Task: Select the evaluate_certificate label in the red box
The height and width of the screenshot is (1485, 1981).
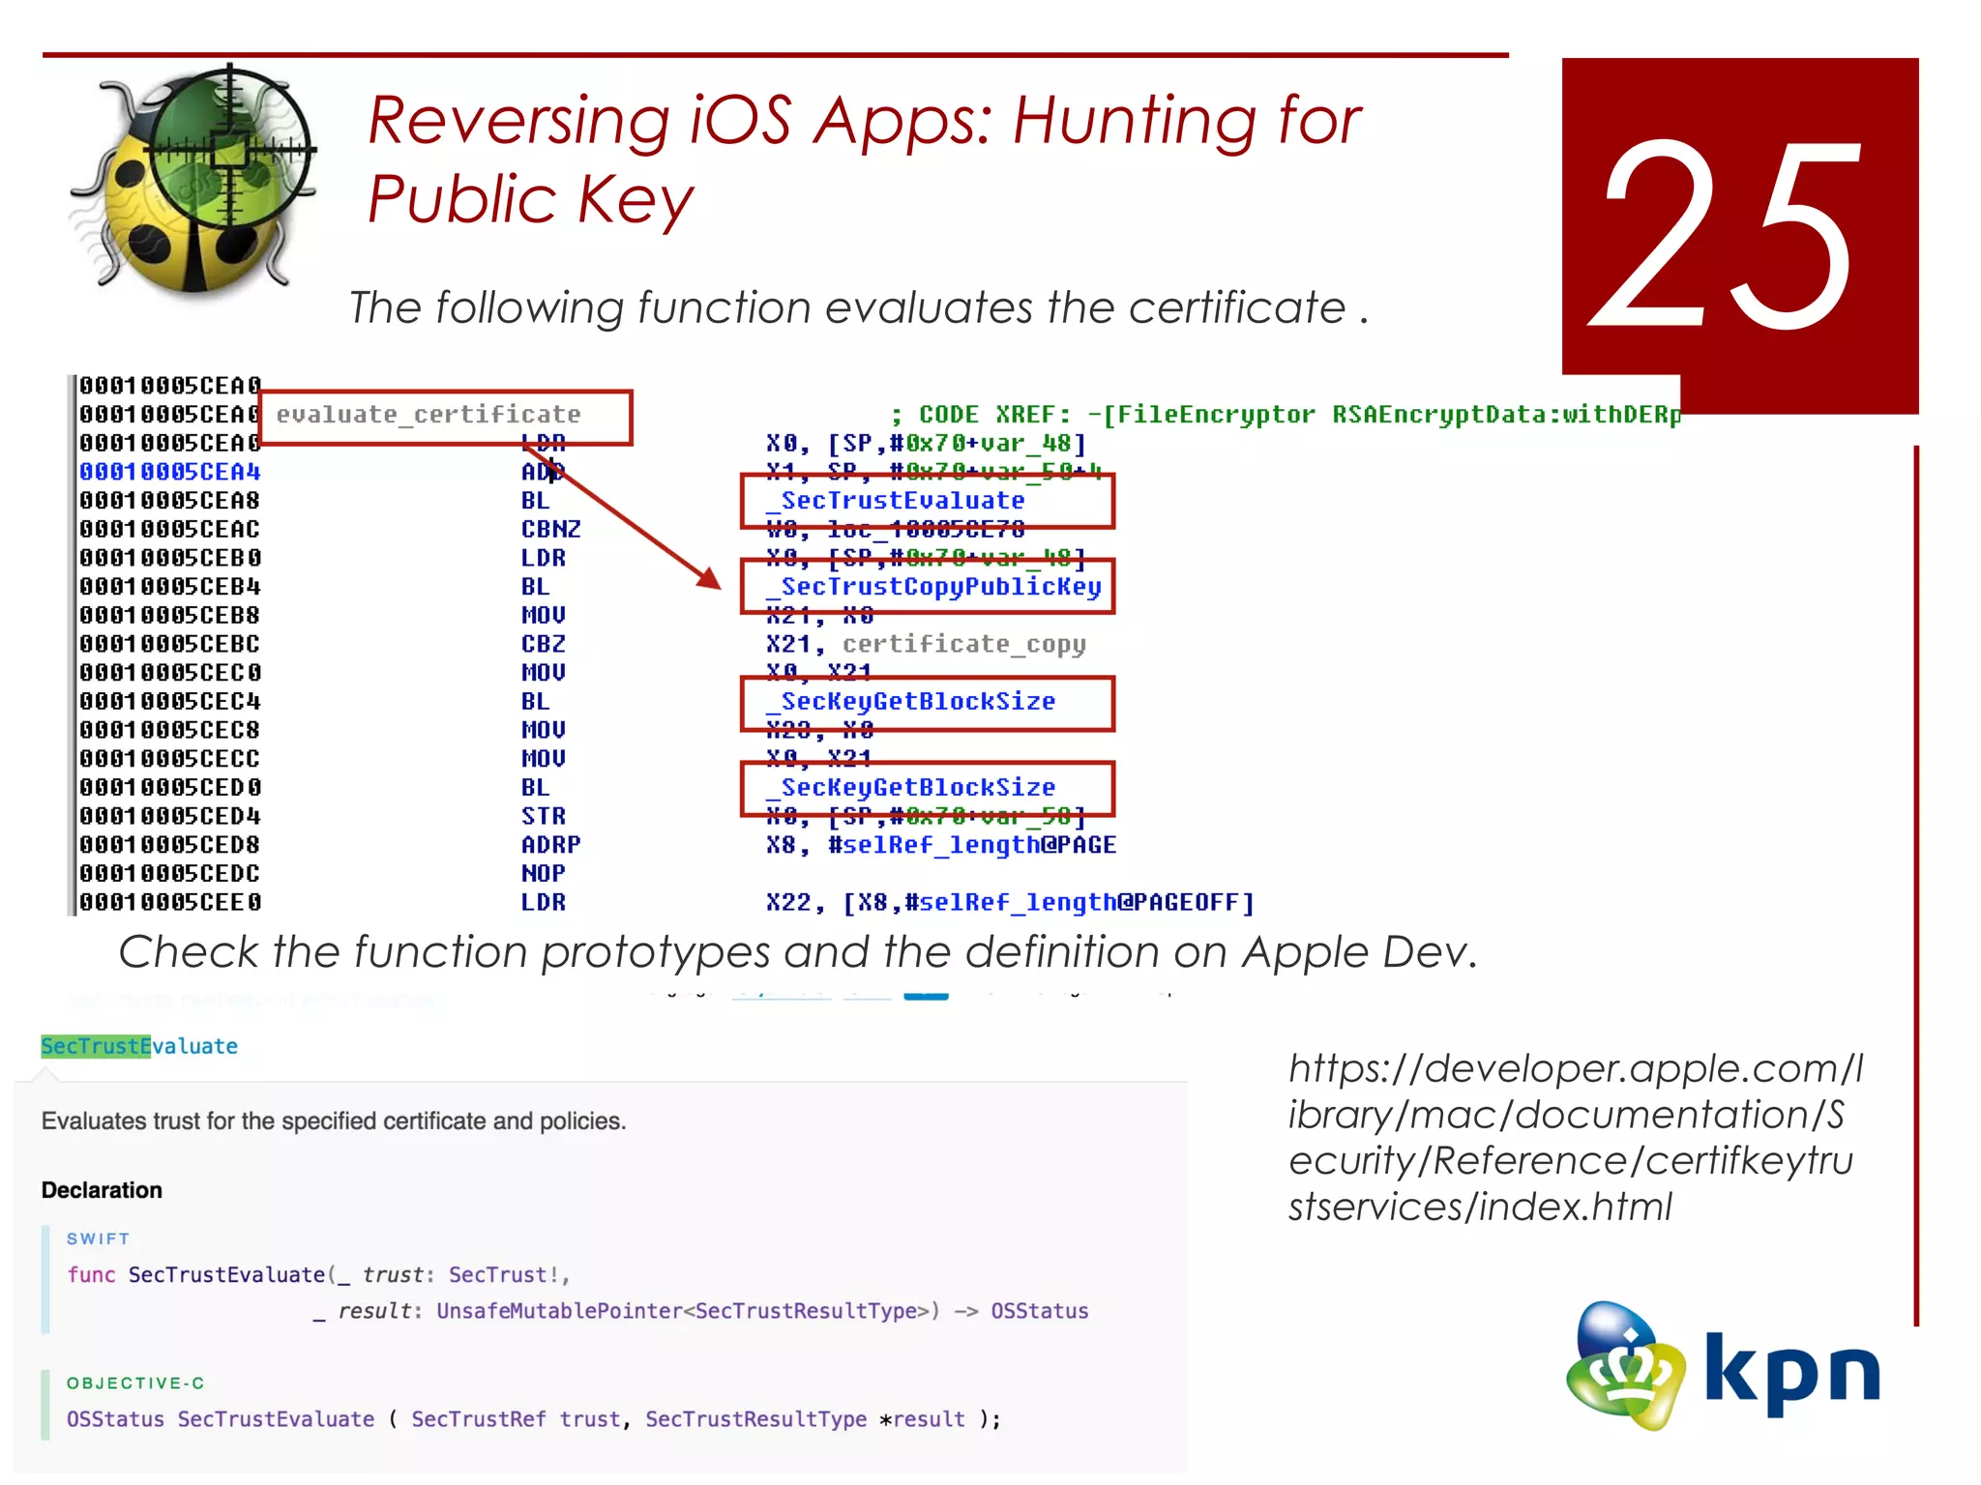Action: pos(429,415)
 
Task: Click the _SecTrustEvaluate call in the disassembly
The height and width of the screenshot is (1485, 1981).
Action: pos(902,501)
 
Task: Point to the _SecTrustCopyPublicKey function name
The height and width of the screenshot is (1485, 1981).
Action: pos(939,587)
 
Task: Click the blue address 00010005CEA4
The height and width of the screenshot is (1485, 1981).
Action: pos(170,472)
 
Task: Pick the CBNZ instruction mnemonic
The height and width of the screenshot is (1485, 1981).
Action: pos(550,530)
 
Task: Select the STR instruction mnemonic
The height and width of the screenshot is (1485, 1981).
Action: pos(543,816)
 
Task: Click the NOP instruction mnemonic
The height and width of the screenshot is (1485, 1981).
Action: pos(543,874)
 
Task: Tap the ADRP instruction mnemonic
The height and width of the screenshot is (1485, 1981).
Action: pos(550,845)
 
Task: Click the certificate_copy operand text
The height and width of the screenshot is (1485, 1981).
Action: pos(963,644)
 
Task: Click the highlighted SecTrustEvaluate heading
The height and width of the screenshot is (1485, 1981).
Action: pos(139,1046)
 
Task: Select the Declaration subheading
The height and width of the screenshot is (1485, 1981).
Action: pos(102,1190)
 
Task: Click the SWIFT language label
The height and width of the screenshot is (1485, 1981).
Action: pos(98,1238)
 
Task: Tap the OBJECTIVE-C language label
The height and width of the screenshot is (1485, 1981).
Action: pos(135,1383)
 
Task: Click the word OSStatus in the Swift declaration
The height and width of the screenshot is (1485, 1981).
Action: pos(1039,1311)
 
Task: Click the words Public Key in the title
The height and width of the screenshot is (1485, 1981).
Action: pos(531,199)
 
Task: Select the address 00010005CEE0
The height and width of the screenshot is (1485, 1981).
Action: pos(170,903)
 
